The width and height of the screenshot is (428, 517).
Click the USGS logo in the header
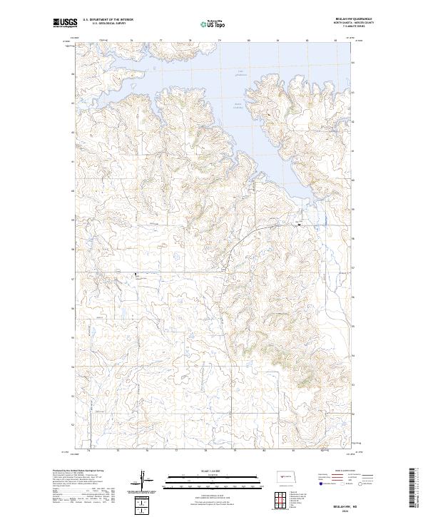click(65, 23)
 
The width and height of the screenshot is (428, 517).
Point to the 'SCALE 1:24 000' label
click(200, 471)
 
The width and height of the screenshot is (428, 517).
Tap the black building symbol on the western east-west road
click(138, 274)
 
